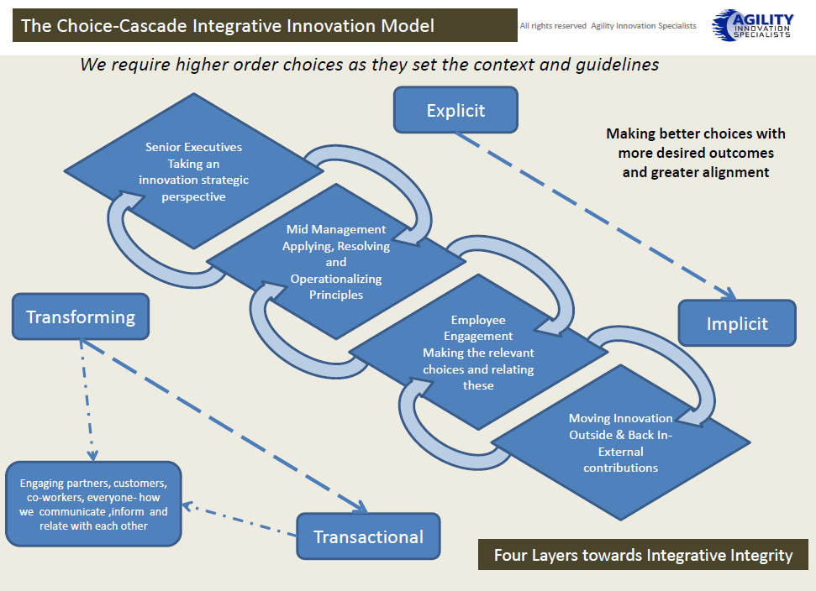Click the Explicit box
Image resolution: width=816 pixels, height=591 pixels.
point(455,111)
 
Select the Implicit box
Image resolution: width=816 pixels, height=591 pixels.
point(737,323)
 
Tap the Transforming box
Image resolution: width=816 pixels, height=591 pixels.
point(81,317)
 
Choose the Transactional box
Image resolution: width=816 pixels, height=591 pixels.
point(368,536)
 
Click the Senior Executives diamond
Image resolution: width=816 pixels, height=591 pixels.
point(193,172)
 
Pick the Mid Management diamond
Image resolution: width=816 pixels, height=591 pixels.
point(336,262)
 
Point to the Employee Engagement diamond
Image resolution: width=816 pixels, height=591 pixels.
point(477,353)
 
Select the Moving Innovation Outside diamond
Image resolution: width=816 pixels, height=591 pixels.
point(620,442)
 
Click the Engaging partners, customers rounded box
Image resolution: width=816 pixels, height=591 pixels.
point(93,504)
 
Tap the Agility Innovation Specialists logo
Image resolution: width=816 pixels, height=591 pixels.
point(752,24)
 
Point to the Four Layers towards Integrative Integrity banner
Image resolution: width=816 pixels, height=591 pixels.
point(643,555)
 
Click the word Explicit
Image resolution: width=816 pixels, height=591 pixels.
point(455,111)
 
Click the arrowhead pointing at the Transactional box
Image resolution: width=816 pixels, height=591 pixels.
point(361,507)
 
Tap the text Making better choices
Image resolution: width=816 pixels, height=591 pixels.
point(696,133)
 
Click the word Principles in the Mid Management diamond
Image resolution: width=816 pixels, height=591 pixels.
point(336,295)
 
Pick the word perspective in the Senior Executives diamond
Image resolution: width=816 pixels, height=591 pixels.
point(193,196)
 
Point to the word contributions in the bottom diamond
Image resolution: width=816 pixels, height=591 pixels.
point(620,467)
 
